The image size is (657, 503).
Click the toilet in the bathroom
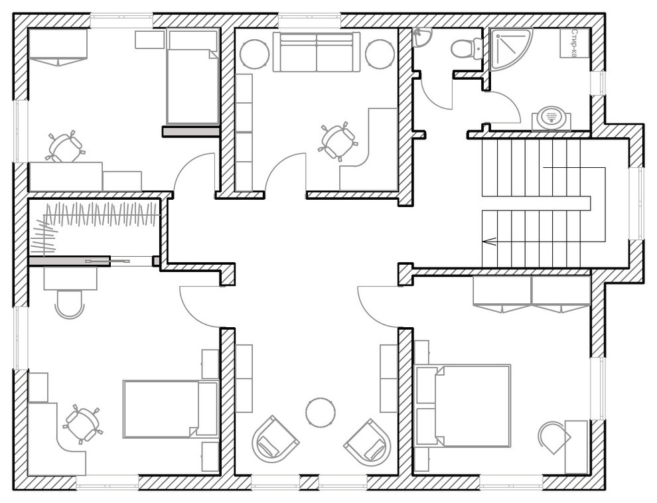pos(467,48)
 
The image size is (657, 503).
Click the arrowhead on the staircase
pos(488,242)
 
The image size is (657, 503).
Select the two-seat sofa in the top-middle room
pos(317,52)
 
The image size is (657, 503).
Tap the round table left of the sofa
pos(254,54)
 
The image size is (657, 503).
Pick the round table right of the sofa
pos(380,54)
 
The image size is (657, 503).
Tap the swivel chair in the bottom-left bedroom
pos(82,423)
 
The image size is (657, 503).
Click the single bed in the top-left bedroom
pos(192,76)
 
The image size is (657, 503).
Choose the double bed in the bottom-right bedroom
pos(463,405)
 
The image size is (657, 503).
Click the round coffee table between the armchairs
pos(321,413)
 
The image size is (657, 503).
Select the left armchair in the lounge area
pos(275,439)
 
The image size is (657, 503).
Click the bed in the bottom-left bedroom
pos(171,409)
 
